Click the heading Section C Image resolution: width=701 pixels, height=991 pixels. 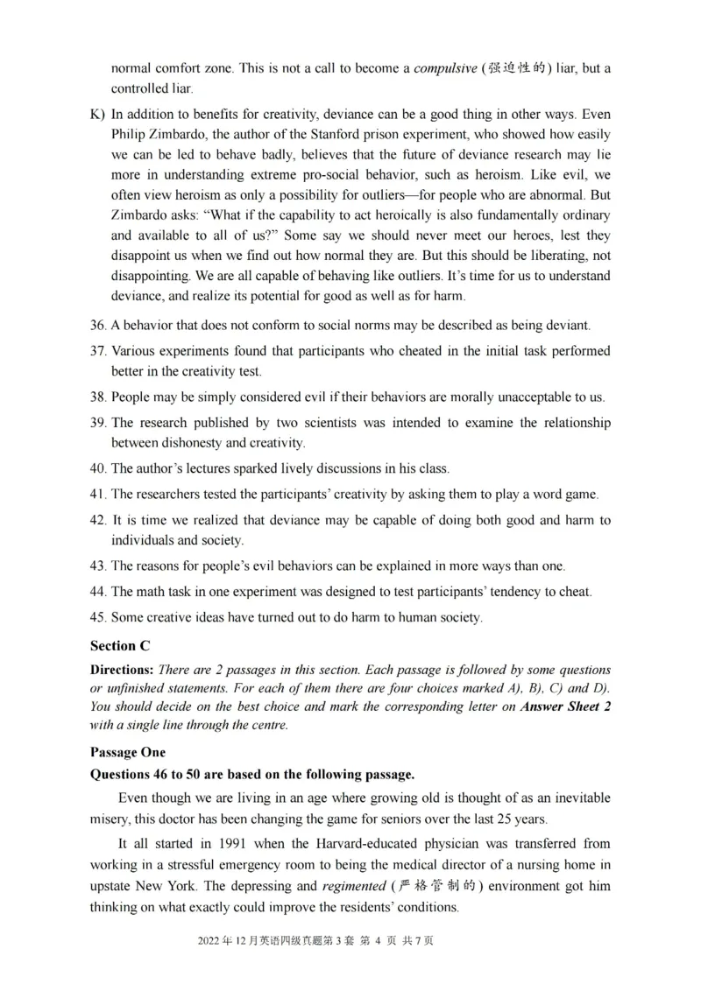tap(120, 646)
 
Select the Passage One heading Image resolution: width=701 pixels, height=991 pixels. tap(127, 752)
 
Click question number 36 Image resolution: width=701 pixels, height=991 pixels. tap(98, 326)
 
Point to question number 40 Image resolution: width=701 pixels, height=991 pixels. tap(98, 468)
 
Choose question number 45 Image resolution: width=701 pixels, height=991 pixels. tap(98, 617)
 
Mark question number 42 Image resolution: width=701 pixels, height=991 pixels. tap(98, 520)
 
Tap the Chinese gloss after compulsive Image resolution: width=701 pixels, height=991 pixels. tap(518, 68)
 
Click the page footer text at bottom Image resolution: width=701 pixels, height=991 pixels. tap(316, 940)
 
